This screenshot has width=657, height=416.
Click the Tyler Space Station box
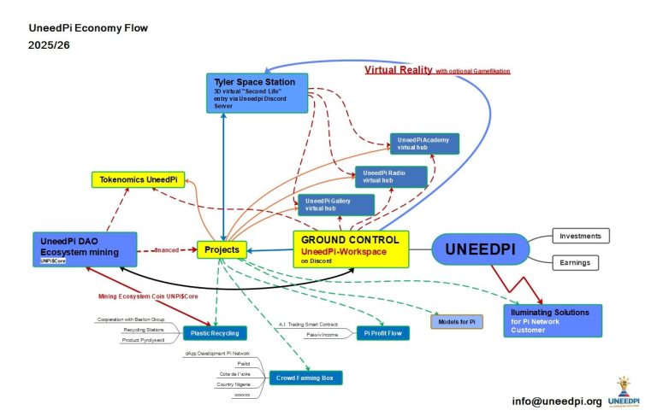pos(257,92)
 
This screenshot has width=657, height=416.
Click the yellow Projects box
pos(222,249)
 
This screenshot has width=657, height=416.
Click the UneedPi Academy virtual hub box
pos(425,144)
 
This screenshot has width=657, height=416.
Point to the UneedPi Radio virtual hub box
pos(391,176)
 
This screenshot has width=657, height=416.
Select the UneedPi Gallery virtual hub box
pos(335,204)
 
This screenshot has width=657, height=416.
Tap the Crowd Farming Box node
pos(305,377)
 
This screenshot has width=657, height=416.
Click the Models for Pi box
pos(456,321)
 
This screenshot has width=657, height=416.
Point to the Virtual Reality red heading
pos(399,69)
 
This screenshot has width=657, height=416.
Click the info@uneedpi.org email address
pos(557,401)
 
